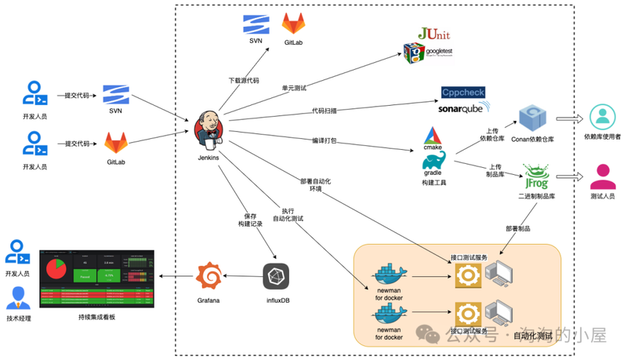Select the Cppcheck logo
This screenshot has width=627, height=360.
coord(463,92)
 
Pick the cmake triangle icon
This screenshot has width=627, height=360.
coord(434,136)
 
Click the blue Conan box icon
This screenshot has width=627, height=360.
coord(533,118)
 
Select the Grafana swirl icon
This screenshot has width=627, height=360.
coord(208,276)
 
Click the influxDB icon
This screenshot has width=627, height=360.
coord(276,276)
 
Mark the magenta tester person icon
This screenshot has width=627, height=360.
coord(602,176)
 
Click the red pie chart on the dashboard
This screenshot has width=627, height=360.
coord(56,269)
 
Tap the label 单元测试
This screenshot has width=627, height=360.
coord(294,87)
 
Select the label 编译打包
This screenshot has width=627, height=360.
coord(324,141)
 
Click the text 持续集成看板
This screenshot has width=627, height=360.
coord(96,317)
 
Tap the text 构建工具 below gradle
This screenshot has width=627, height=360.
coord(434,182)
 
